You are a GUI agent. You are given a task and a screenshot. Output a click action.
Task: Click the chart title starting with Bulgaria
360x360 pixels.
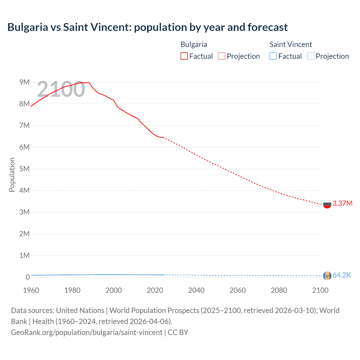(x=147, y=27)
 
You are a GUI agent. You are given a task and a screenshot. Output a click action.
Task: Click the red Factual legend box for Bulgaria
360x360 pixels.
(x=184, y=56)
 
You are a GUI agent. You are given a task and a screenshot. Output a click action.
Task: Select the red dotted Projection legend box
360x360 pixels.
(x=222, y=56)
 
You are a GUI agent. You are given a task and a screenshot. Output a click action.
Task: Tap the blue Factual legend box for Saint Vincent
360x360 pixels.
(x=273, y=56)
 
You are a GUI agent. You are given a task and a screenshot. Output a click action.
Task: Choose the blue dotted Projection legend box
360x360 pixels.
(x=310, y=56)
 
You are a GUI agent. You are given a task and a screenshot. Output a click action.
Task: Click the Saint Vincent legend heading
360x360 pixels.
(x=291, y=44)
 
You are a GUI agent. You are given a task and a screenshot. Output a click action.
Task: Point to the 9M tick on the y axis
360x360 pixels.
(x=24, y=82)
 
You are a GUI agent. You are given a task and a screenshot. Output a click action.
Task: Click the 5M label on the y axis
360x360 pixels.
(x=24, y=169)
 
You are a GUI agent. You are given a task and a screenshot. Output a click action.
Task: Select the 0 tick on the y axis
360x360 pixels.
(x=28, y=277)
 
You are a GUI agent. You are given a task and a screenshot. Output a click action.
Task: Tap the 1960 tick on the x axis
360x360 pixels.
(x=31, y=290)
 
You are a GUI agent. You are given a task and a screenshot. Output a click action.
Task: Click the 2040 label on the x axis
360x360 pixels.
(x=196, y=290)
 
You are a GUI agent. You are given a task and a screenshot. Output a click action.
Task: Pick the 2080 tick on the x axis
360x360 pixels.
(x=279, y=290)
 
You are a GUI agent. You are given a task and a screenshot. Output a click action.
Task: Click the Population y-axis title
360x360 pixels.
(x=12, y=175)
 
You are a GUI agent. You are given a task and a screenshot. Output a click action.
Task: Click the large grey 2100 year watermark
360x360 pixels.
(x=61, y=89)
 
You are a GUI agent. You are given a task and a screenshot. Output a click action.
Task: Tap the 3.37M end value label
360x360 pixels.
(x=342, y=203)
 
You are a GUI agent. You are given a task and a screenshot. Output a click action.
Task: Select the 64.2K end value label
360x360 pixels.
(x=341, y=275)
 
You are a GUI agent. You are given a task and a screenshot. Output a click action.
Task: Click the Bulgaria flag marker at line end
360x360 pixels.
(x=327, y=204)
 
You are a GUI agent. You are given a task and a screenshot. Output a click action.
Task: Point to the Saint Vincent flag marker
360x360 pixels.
(x=327, y=276)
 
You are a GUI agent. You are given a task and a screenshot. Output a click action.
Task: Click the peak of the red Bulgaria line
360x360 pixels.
(x=89, y=82)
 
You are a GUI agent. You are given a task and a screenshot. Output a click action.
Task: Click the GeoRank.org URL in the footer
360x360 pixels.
(x=87, y=332)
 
